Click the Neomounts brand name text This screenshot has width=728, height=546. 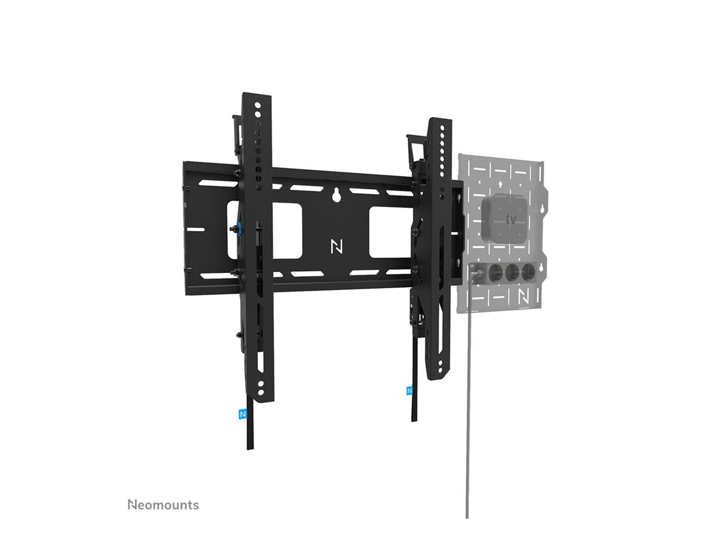163,505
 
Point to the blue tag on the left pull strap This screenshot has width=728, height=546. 243,414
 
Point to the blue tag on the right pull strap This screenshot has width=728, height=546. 410,390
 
